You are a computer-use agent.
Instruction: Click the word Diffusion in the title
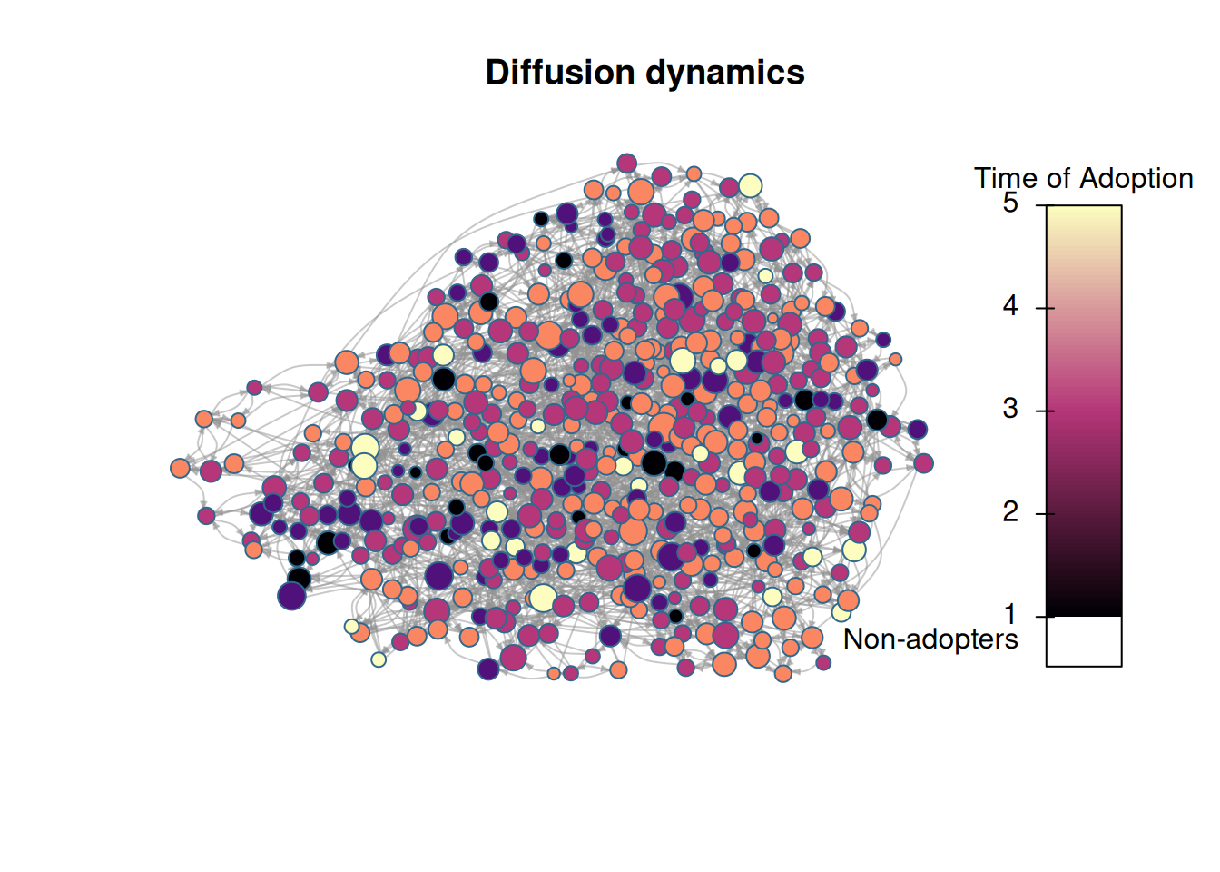pos(560,73)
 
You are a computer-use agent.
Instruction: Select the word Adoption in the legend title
pos(1136,179)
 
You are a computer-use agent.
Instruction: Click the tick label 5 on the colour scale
pos(1010,203)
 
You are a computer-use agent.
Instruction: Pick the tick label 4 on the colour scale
pos(1010,306)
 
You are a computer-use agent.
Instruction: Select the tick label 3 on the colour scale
pos(1010,409)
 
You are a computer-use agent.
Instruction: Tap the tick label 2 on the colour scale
pos(1010,511)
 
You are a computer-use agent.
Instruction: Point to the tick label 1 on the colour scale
pos(1010,615)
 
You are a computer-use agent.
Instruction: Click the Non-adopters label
pos(930,639)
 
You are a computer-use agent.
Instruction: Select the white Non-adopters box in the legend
pos(1084,641)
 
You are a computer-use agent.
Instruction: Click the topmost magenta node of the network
pos(627,163)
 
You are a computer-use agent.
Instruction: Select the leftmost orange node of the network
pos(180,468)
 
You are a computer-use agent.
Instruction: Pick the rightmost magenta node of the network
pos(924,463)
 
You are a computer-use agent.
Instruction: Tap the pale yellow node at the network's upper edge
pos(750,186)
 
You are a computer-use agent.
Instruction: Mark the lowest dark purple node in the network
pos(488,669)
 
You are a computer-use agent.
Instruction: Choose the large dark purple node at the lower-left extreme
pos(291,596)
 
